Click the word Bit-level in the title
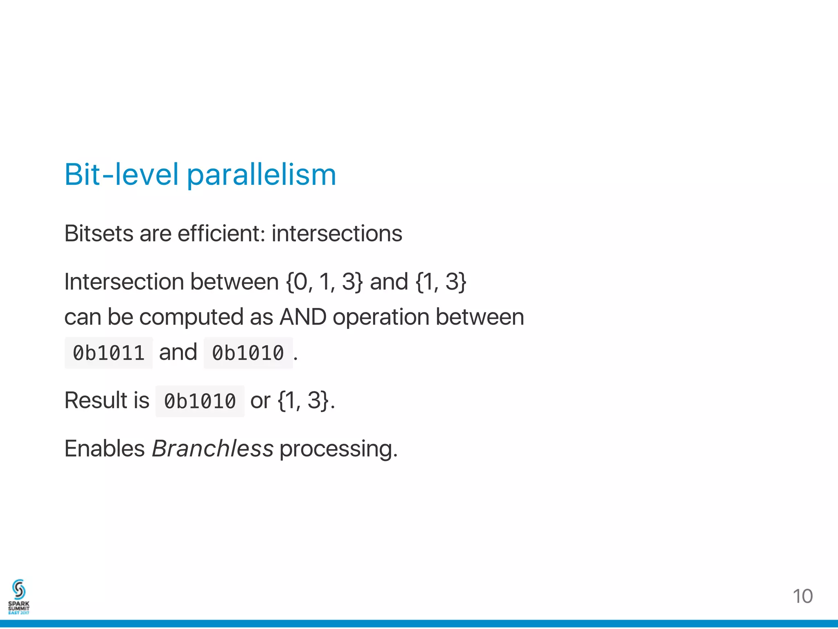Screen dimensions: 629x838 click(x=122, y=175)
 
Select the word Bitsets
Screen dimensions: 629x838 click(x=99, y=234)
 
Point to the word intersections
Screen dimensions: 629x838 click(x=336, y=234)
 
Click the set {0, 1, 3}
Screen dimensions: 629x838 click(x=324, y=282)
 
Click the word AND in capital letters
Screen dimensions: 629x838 click(x=303, y=317)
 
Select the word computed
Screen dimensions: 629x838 click(x=191, y=318)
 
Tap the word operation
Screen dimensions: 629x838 click(x=381, y=318)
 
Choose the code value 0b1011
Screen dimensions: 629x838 click(x=109, y=353)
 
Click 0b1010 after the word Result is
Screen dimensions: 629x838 click(x=200, y=401)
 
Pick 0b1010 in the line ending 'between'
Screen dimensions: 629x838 click(x=248, y=353)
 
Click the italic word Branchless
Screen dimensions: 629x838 click(x=212, y=448)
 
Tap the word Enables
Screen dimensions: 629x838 click(x=104, y=448)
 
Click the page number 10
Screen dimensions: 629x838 click(x=802, y=596)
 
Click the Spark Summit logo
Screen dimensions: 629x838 click(x=19, y=597)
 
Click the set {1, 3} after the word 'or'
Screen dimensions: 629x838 click(x=303, y=400)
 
